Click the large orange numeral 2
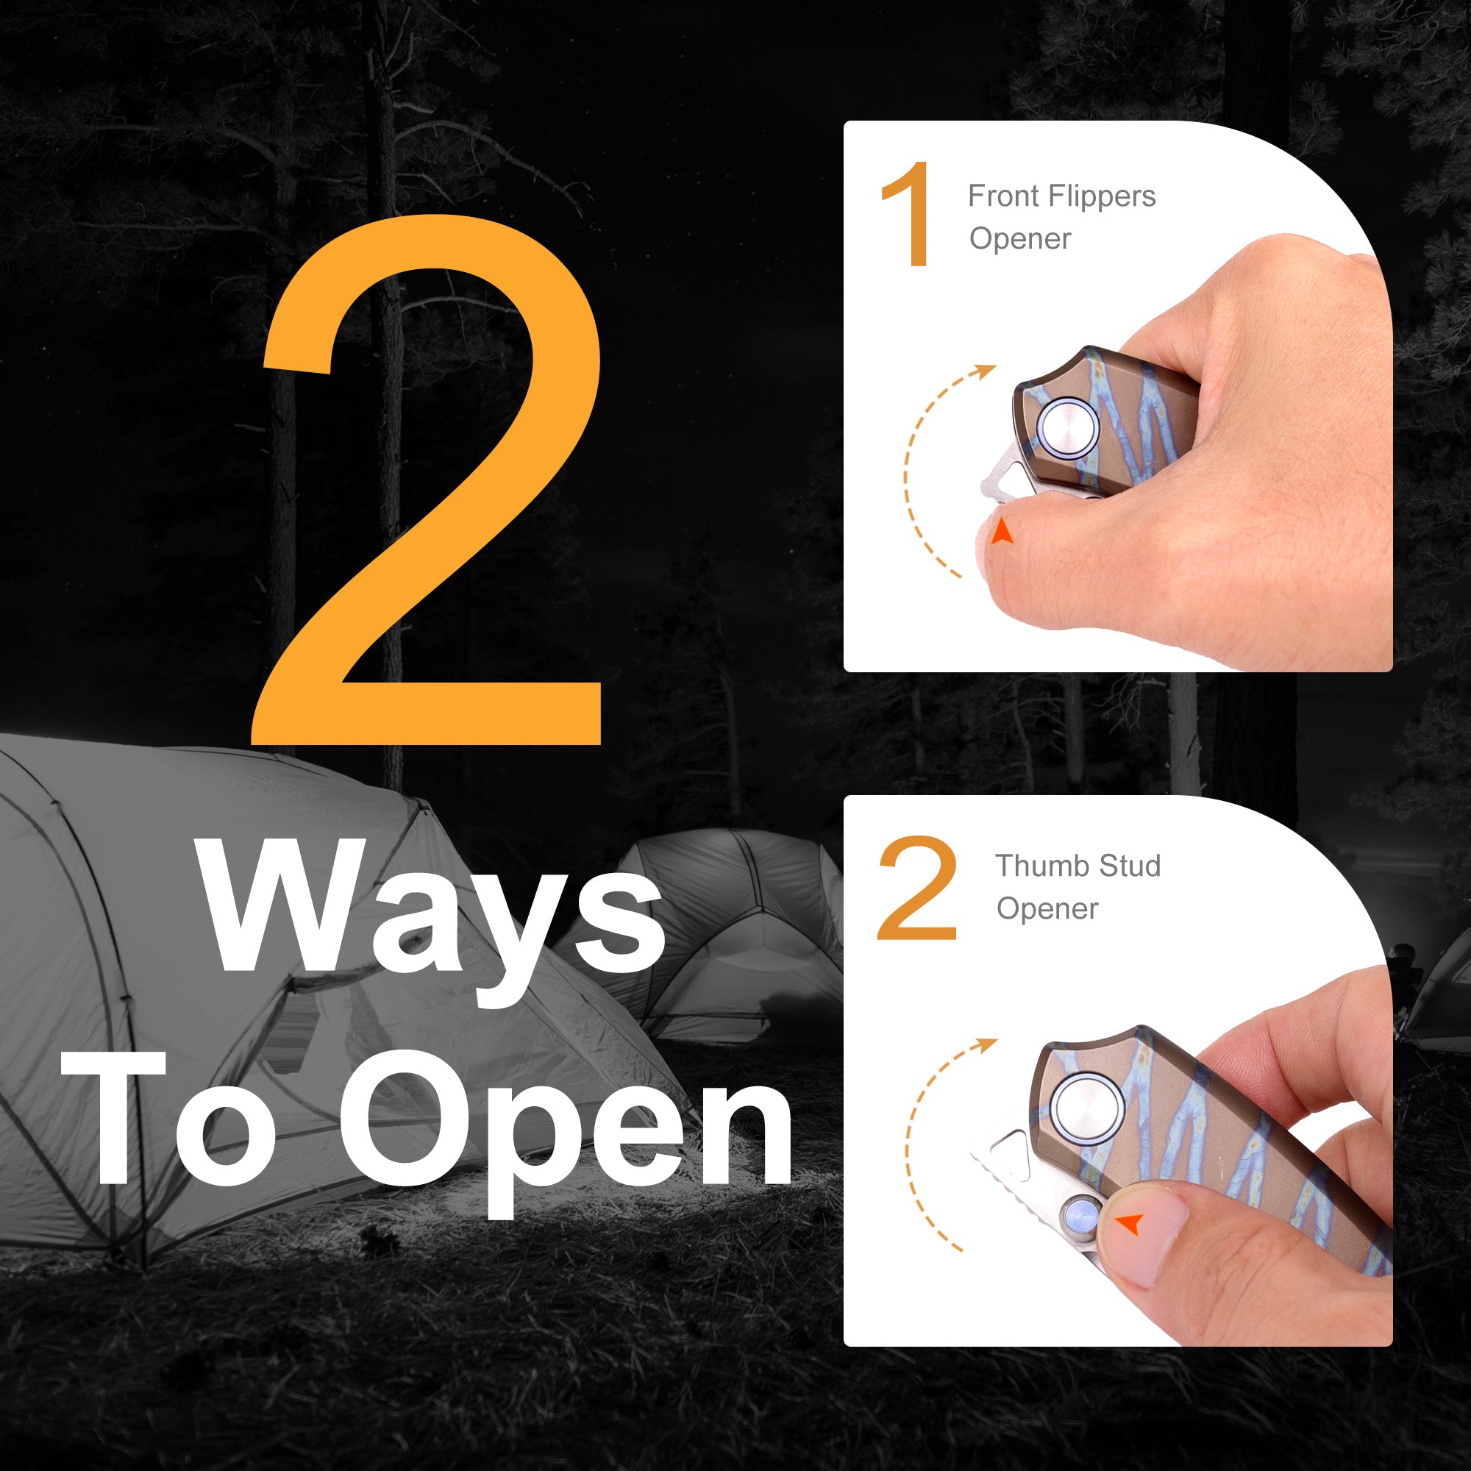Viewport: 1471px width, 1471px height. [x=427, y=480]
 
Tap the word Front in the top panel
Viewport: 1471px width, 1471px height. [x=1002, y=196]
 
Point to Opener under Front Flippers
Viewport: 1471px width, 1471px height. [x=1020, y=239]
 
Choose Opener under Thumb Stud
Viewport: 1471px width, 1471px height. [x=1047, y=909]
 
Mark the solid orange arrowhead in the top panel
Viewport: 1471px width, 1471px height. [x=1001, y=533]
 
